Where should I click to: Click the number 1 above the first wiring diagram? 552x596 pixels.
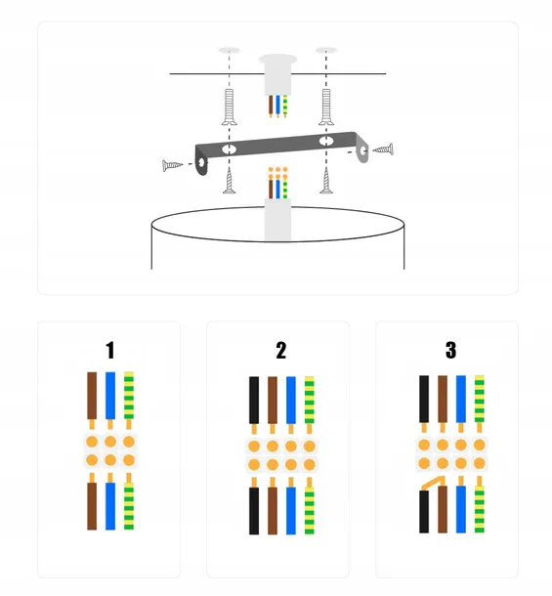[x=109, y=350]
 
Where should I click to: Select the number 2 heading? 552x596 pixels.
[x=281, y=350]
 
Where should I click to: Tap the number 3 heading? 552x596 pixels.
[x=450, y=350]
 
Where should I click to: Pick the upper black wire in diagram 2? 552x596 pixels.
[x=254, y=400]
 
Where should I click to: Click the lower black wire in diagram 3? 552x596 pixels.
[x=424, y=511]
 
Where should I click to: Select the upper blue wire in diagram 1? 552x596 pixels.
[x=110, y=396]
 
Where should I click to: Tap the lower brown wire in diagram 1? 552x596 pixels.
[x=92, y=506]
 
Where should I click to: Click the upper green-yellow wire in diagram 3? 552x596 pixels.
[x=480, y=399]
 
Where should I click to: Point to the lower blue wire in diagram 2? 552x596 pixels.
[x=291, y=510]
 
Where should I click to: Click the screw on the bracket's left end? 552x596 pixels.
[x=172, y=165]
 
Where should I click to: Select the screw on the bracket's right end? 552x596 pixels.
[x=383, y=149]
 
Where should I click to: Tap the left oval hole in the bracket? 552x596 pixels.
[x=230, y=149]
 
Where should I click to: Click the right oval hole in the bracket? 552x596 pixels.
[x=326, y=141]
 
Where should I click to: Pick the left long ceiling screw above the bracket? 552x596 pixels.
[x=230, y=106]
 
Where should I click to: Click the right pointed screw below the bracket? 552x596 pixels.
[x=325, y=181]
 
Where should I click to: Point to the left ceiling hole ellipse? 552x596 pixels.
[x=230, y=50]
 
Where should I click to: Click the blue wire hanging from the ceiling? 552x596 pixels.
[x=277, y=106]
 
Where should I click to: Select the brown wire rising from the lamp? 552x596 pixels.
[x=271, y=186]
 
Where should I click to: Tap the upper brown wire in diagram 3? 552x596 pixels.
[x=443, y=399]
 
